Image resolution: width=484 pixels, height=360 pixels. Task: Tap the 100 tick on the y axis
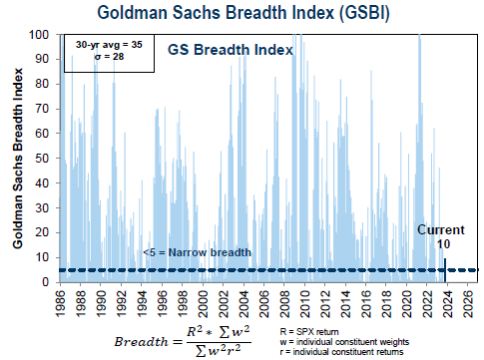click(45, 35)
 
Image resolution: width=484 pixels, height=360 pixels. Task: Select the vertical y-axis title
click(18, 160)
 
